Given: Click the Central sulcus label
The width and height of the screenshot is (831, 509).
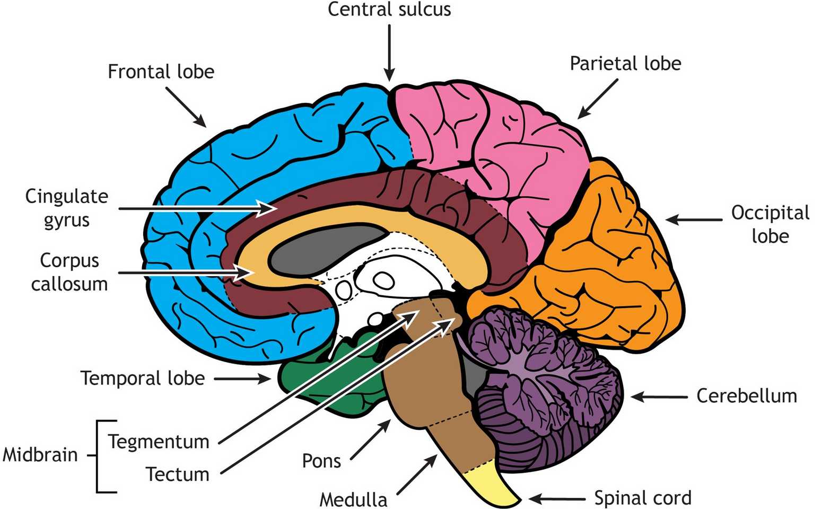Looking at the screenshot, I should [389, 10].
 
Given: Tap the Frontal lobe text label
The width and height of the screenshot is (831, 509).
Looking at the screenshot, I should [161, 72].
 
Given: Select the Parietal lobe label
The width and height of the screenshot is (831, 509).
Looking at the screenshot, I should [625, 64].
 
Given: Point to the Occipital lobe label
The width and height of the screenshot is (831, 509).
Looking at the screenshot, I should [770, 224].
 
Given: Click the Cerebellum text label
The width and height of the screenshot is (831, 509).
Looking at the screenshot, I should [746, 396].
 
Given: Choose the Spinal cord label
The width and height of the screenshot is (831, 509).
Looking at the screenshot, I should [642, 498].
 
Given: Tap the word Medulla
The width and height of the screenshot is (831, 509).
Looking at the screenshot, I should [353, 499].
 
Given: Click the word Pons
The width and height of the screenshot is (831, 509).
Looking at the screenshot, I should [321, 460].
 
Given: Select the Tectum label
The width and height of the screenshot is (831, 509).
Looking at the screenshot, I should [177, 474].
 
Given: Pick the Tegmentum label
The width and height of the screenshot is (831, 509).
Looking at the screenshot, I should [159, 442].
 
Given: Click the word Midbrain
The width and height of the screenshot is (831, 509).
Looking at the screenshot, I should [40, 454].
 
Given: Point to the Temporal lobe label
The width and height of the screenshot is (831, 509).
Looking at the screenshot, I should [143, 378].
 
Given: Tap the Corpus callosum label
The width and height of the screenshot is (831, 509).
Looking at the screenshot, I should [69, 272].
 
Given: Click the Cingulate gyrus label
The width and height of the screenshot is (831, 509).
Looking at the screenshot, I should [66, 207].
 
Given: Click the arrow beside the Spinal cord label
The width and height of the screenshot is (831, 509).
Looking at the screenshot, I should [557, 498].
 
